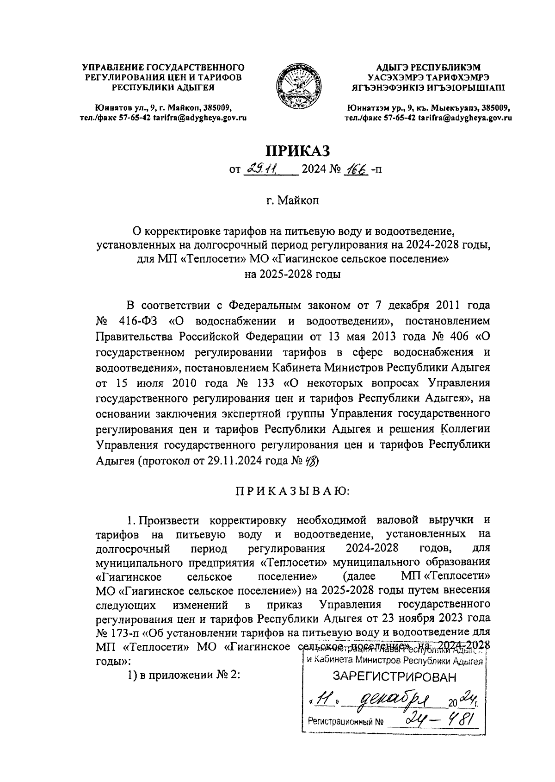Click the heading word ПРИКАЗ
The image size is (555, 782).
[298, 150]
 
